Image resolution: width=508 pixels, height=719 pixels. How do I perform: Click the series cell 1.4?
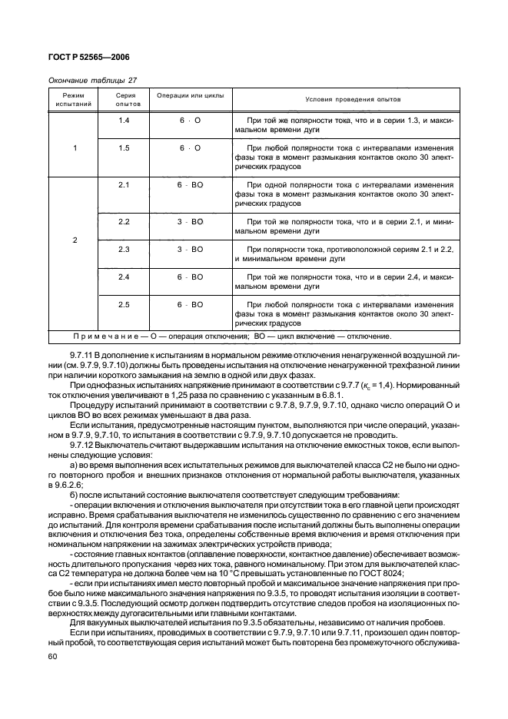124,121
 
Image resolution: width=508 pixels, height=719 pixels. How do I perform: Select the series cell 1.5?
124,147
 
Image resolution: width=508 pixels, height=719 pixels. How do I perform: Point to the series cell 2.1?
124,185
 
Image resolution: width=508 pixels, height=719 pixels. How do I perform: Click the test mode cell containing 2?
75,240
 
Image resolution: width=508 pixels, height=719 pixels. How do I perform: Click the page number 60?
53,657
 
